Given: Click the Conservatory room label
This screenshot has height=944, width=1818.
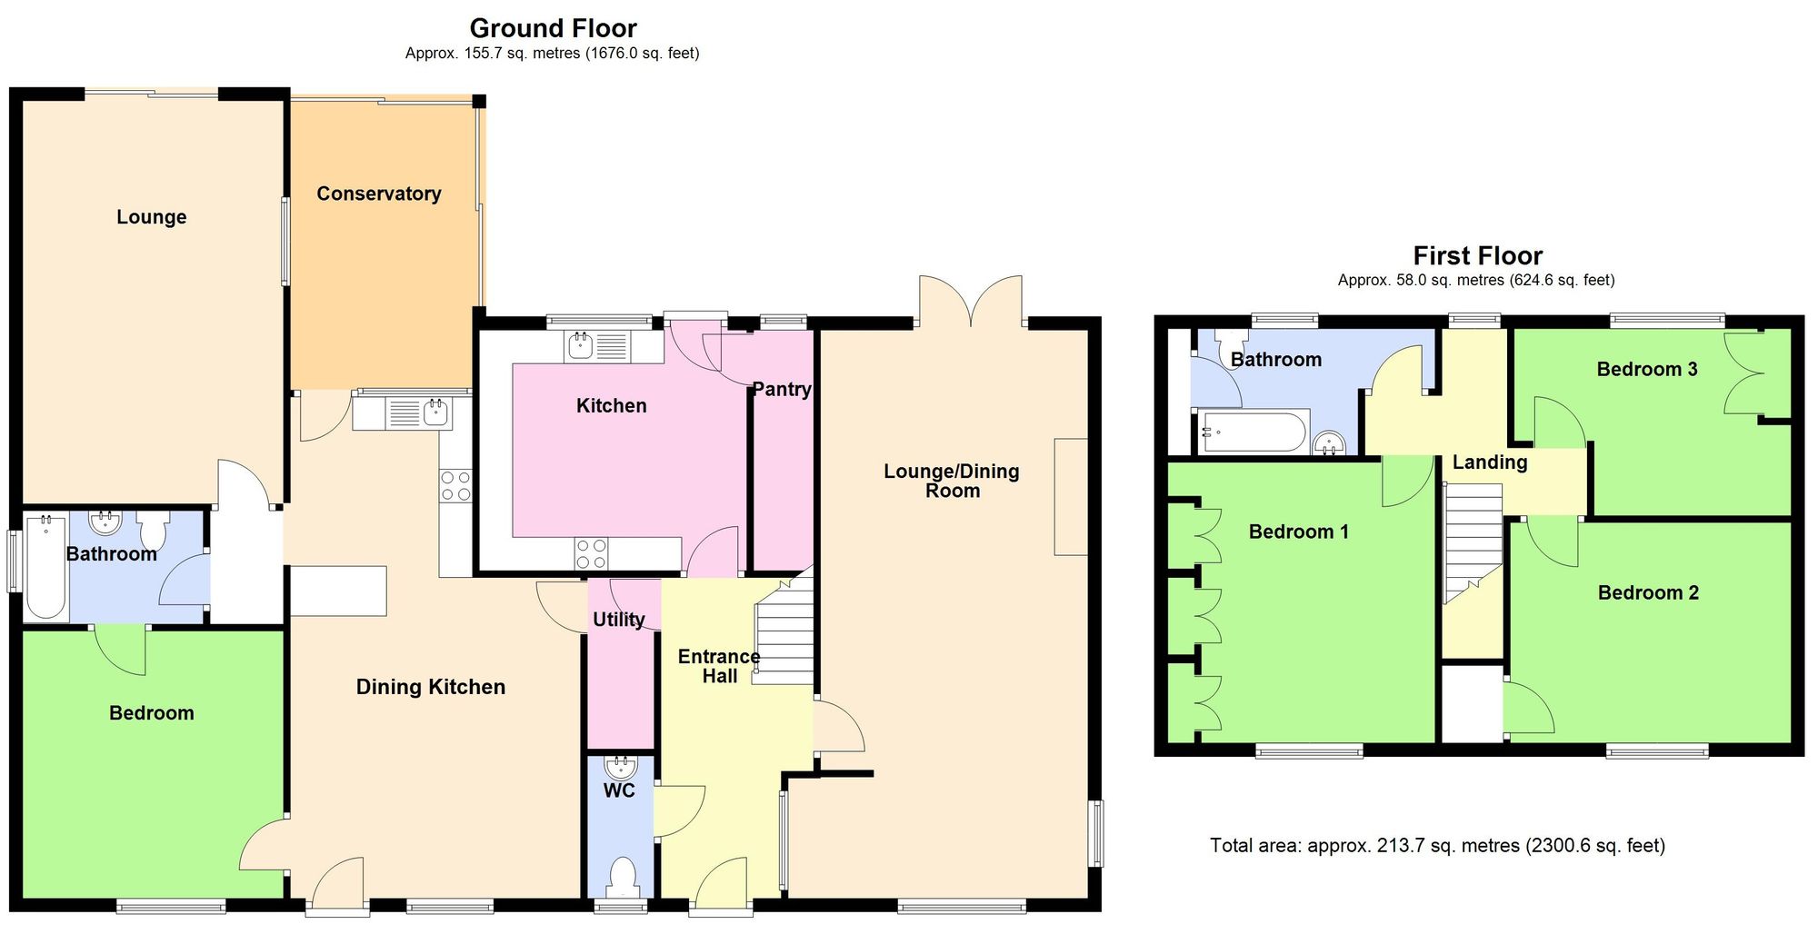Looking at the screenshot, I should coord(378,194).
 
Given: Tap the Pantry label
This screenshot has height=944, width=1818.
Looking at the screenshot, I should coord(782,389).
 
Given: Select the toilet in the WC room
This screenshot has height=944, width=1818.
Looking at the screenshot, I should coord(622,877).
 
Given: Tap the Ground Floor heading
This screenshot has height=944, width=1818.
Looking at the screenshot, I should coord(553,28).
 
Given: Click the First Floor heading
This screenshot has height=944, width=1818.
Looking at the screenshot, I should coord(1477,255).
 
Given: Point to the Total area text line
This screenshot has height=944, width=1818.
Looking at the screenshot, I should coord(1437,846).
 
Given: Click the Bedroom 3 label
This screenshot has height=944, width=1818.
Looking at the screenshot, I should coord(1647,369).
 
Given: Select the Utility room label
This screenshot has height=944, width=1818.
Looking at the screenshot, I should coord(619,620).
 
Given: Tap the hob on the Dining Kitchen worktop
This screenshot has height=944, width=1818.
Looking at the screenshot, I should coord(455,485).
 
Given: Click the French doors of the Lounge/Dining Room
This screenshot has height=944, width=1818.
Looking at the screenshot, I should coord(971,302).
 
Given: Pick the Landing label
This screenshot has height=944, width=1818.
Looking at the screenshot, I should coord(1489,462).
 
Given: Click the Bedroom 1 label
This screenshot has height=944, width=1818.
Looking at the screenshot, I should coord(1298,532).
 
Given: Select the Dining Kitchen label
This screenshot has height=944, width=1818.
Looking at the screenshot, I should coord(430,687).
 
